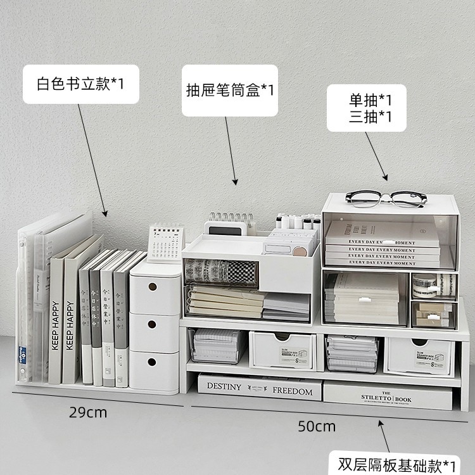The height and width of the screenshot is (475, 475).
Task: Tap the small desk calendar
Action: click(x=165, y=241)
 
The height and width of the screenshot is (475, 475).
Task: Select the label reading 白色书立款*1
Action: click(x=80, y=83)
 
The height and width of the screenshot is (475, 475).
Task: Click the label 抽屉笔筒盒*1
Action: click(x=230, y=90)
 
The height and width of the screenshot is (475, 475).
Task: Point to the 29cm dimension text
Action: click(x=88, y=413)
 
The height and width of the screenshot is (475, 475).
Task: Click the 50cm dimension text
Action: click(x=317, y=426)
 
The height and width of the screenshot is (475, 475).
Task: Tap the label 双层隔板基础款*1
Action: click(x=396, y=464)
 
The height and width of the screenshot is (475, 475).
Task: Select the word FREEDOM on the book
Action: click(x=293, y=391)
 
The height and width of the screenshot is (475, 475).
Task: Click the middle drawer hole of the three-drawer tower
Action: click(x=153, y=324)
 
